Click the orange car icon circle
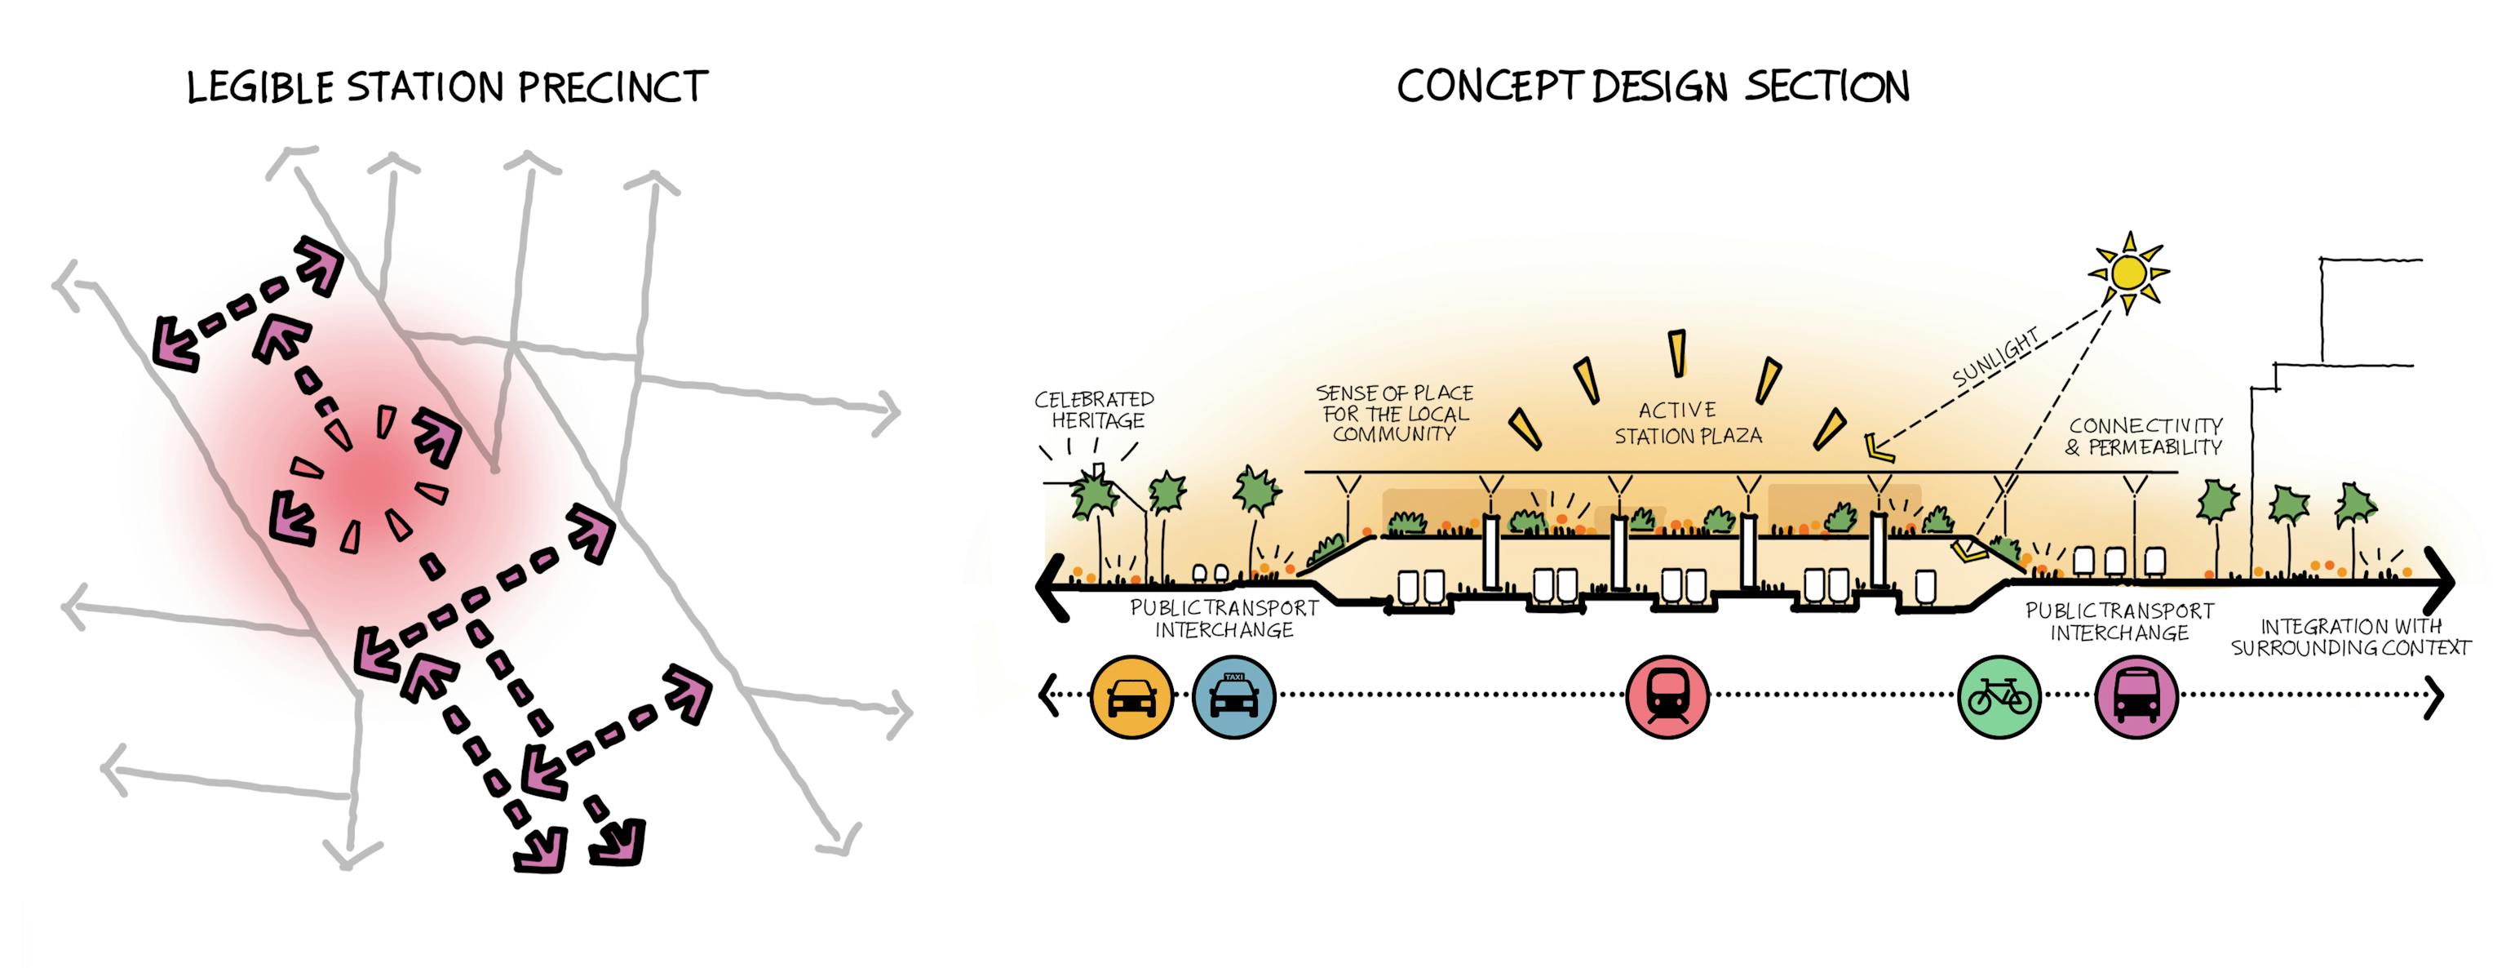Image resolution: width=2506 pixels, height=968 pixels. click(1132, 696)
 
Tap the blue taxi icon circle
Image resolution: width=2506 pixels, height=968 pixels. click(1233, 696)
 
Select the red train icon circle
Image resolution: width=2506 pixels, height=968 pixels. click(1667, 696)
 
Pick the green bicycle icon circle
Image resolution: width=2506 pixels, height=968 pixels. click(1999, 696)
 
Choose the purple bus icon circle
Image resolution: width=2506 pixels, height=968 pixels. click(2136, 696)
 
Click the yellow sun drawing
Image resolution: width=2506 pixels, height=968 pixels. click(2128, 273)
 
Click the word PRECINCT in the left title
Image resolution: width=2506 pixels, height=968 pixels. click(613, 87)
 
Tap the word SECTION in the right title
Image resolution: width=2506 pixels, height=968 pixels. click(1827, 87)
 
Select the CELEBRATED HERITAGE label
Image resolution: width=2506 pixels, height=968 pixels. click(1096, 410)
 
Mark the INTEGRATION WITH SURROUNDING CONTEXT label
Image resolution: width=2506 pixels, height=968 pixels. click(2350, 637)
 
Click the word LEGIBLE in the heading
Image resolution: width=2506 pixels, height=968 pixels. click(261, 88)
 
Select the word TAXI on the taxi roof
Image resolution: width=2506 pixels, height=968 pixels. click(1233, 676)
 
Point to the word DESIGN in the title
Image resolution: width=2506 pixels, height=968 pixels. click(1659, 87)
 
